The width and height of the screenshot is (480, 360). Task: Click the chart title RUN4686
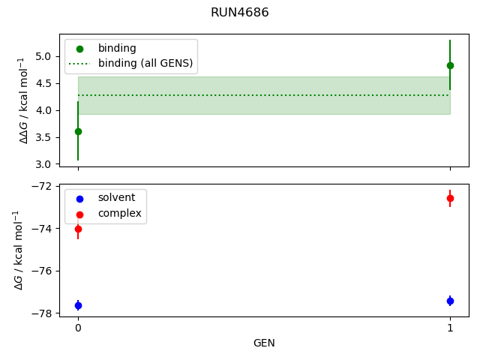pos(240,13)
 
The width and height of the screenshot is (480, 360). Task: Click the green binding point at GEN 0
pos(78,131)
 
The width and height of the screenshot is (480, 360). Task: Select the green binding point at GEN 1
pos(450,65)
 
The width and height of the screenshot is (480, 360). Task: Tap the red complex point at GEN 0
pos(78,229)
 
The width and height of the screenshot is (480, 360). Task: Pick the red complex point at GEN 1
pos(450,198)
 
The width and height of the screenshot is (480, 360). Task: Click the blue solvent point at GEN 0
pos(78,305)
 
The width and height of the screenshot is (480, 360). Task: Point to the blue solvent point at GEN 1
pos(450,301)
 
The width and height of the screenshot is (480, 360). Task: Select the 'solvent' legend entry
pos(116,197)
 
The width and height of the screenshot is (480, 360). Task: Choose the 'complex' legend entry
pos(119,213)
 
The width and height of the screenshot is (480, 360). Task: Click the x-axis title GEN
pos(264,343)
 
